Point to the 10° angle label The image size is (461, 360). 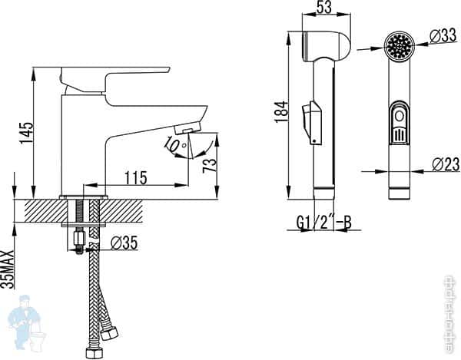[173, 144]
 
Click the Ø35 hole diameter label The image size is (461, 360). [123, 243]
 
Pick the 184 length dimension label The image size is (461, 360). [280, 112]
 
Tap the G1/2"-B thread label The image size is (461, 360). [323, 223]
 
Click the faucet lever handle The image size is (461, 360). [115, 75]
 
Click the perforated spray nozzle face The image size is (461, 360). [398, 48]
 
